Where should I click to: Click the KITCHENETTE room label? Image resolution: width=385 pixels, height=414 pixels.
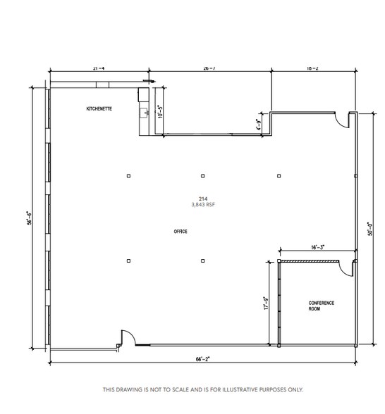(99, 109)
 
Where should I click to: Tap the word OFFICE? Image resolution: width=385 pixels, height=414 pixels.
(181, 232)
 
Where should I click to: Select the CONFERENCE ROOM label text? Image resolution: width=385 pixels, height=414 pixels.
(321, 306)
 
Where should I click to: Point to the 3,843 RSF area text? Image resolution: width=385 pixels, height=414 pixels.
(203, 205)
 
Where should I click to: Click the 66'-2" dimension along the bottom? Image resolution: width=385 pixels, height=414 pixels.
(202, 359)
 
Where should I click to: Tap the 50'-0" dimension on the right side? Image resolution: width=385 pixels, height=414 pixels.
(369, 230)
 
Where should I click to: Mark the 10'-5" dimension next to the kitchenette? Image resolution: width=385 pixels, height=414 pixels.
(160, 111)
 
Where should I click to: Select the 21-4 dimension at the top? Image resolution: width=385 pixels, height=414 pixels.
(99, 68)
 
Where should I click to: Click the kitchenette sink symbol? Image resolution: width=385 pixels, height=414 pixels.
(145, 112)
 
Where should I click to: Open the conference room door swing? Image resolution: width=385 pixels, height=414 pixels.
(346, 268)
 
